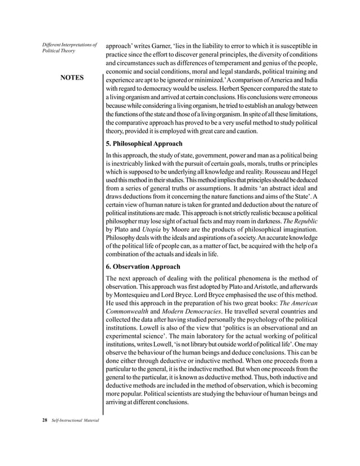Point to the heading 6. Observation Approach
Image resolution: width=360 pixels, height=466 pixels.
tap(143, 266)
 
